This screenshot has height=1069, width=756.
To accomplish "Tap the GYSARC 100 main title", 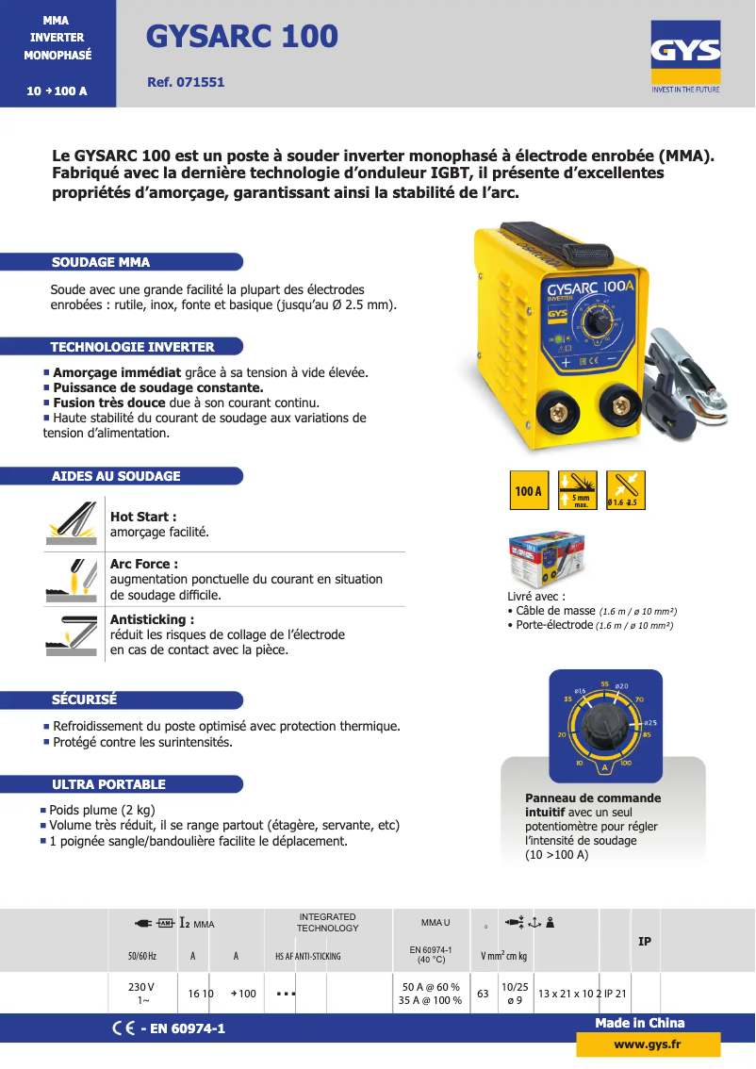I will [242, 36].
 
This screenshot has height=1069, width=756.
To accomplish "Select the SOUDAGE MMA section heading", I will [101, 262].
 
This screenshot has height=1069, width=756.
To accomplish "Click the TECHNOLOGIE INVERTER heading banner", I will [133, 347].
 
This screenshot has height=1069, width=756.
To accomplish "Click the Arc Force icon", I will [72, 578].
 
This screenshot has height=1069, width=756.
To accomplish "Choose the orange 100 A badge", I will [529, 490].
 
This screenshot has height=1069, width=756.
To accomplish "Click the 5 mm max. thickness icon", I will [576, 490].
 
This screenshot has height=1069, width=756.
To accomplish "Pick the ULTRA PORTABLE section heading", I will [108, 784].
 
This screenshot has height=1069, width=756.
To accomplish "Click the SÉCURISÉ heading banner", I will [85, 699].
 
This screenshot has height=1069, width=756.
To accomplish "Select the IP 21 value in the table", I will [616, 994].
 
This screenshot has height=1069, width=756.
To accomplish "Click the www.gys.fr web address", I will [648, 1044].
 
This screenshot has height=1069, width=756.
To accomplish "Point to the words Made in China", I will [640, 1023].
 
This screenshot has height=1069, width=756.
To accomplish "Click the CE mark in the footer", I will [123, 1028].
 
